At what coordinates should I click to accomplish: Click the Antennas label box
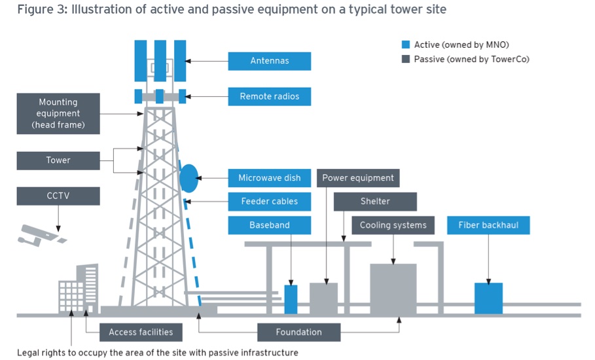269,61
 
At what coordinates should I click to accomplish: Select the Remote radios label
269,96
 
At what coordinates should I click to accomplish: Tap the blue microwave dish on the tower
189,177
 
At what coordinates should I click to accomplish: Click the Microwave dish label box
269,178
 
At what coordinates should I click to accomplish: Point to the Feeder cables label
269,202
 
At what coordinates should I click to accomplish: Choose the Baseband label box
269,225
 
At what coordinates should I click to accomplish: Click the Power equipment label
358,178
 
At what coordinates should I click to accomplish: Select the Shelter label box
375,202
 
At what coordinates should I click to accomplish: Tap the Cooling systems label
393,225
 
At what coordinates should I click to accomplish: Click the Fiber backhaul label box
488,225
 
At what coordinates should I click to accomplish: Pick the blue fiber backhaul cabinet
488,298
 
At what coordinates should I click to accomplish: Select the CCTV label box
58,196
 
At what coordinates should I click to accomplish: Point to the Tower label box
58,160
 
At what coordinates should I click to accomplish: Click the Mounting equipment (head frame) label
58,113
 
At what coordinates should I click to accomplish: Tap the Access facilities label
141,332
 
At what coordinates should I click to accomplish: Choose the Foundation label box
298,332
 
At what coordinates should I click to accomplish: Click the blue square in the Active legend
406,45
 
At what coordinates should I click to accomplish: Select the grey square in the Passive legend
406,59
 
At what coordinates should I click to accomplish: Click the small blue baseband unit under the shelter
291,298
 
